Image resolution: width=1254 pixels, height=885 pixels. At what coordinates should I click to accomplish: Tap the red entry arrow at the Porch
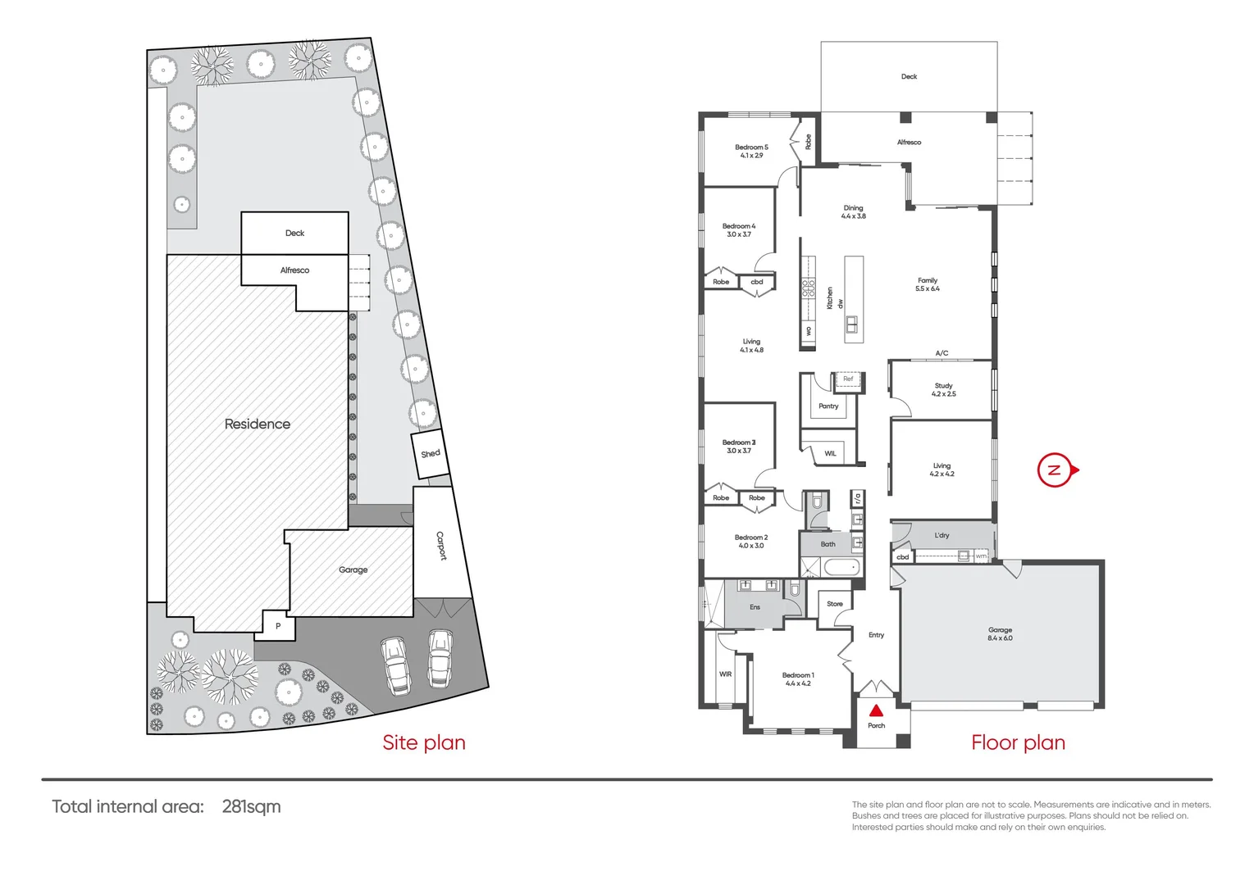click(x=876, y=710)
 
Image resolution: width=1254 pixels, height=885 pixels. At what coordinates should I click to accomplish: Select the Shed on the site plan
click(x=430, y=454)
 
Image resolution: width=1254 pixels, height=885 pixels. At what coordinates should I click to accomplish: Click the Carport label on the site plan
click(x=441, y=545)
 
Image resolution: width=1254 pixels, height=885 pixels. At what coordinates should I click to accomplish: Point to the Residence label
click(x=258, y=424)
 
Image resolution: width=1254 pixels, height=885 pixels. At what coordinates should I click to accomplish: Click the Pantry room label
click(x=828, y=406)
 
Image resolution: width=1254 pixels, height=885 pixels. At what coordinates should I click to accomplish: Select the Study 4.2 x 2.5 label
click(x=943, y=389)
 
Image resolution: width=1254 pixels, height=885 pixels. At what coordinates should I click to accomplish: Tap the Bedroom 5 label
click(x=751, y=151)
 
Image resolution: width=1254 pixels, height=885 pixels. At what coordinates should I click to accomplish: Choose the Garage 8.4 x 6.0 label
click(x=1000, y=633)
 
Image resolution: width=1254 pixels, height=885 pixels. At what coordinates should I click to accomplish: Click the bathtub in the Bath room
click(x=841, y=567)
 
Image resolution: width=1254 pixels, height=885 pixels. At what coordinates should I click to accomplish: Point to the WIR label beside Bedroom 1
click(x=725, y=674)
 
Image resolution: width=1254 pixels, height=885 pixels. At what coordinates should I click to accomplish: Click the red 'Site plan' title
click(x=424, y=742)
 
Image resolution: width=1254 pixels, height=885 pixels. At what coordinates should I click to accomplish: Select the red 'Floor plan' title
click(x=1018, y=742)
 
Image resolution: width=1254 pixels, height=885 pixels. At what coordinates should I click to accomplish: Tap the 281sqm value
click(x=251, y=806)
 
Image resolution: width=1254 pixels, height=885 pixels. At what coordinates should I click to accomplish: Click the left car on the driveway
click(x=395, y=665)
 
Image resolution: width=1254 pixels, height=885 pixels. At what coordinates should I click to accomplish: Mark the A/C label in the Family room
click(x=942, y=353)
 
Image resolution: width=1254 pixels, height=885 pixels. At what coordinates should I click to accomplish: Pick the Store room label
click(x=834, y=604)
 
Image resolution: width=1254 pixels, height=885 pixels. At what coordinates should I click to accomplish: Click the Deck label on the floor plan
click(x=909, y=76)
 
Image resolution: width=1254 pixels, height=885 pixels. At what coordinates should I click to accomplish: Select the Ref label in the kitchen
click(x=848, y=379)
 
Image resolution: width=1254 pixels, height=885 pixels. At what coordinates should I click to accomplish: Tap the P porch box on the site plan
click(x=278, y=626)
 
